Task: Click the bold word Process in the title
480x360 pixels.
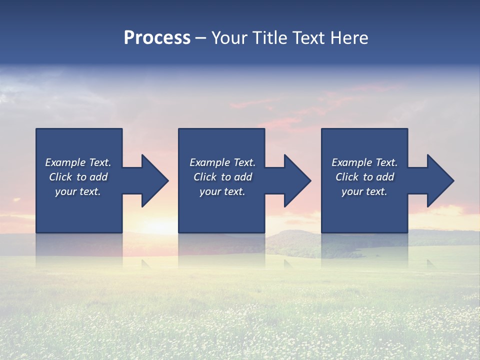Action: click(157, 38)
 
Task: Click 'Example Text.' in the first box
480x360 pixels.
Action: click(78, 162)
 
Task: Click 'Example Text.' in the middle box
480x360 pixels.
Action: click(222, 162)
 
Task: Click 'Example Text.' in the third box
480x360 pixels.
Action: click(364, 162)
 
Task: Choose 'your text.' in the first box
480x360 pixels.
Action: click(78, 191)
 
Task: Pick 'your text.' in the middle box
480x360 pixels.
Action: click(222, 191)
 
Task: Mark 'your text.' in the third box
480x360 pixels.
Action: click(364, 191)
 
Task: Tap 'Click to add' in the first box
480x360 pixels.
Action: click(78, 177)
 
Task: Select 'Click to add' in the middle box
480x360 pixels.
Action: click(222, 177)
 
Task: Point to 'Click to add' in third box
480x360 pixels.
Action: click(364, 177)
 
